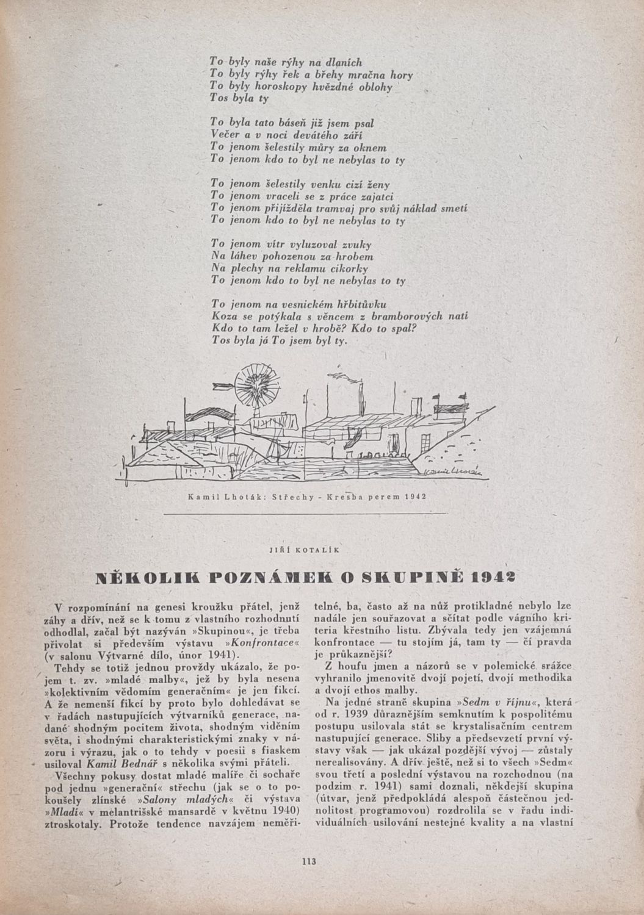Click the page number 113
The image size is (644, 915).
click(307, 861)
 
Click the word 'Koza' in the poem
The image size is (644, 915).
click(222, 316)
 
